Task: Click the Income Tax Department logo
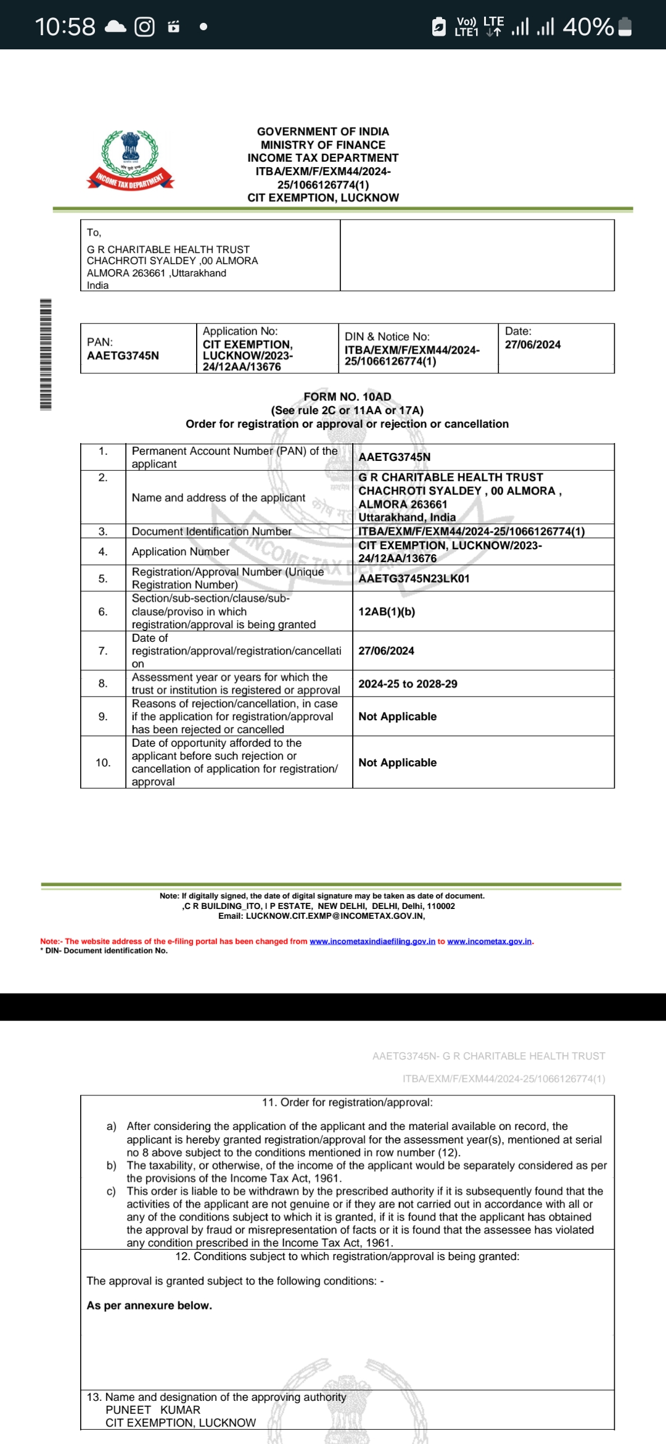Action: (130, 160)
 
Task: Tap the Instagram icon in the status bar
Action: (144, 27)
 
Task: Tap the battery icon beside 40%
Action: (625, 27)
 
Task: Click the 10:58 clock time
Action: (65, 27)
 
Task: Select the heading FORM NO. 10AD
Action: (347, 397)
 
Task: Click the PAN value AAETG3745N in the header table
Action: (123, 355)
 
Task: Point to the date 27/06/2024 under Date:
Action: (533, 344)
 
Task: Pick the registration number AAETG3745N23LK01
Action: (414, 578)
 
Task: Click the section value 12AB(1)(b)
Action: (387, 612)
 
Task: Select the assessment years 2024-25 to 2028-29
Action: (408, 684)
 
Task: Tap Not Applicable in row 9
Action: (397, 716)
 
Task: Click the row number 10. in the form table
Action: (103, 763)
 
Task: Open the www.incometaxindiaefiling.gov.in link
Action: (372, 941)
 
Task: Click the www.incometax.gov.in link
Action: (489, 941)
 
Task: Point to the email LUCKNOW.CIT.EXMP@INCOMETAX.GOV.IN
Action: (335, 916)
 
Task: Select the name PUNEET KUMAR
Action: (153, 1410)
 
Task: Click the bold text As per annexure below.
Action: (149, 1305)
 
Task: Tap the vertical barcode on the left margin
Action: (46, 354)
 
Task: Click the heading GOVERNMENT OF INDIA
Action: (323, 131)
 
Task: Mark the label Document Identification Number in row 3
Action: (212, 531)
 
